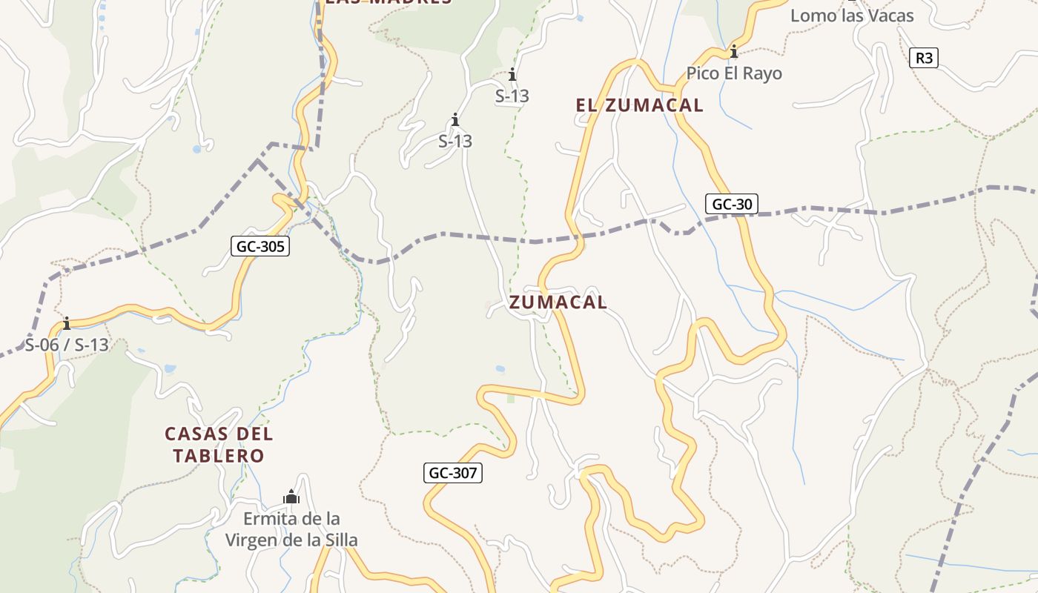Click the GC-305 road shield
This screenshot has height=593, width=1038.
click(x=260, y=246)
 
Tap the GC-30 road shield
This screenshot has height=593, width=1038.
click(x=731, y=204)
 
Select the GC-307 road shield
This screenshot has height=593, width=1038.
click(x=453, y=473)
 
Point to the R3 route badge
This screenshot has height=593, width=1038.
click(x=923, y=57)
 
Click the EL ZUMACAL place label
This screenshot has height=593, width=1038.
click(x=639, y=105)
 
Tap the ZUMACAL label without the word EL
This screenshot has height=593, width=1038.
click(x=558, y=302)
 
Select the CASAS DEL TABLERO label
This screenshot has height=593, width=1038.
click(x=219, y=444)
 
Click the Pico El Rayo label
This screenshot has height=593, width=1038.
click(x=734, y=73)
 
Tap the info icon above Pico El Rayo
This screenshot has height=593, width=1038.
click(x=734, y=52)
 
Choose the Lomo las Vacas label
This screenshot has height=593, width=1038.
click(x=852, y=16)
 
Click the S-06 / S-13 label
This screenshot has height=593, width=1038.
click(x=67, y=345)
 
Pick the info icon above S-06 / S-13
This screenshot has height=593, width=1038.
click(x=67, y=324)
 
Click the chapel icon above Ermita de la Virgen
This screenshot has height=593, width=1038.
click(x=291, y=497)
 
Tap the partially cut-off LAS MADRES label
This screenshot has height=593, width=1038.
click(x=389, y=2)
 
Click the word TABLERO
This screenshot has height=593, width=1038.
click(x=219, y=455)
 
